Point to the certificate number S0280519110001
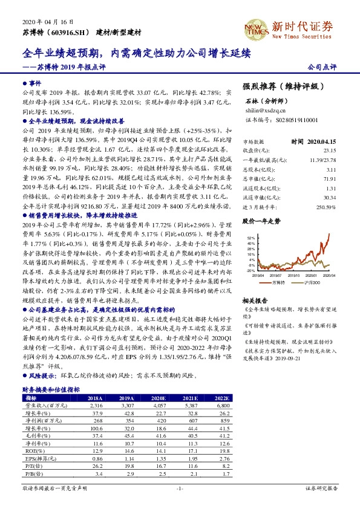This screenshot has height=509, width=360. pyautogui.click(x=280, y=120)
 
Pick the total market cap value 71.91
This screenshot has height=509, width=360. pyautogui.click(x=329, y=180)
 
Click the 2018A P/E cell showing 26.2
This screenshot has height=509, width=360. pyautogui.click(x=95, y=465)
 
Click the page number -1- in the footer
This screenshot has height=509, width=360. pyautogui.click(x=180, y=487)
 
